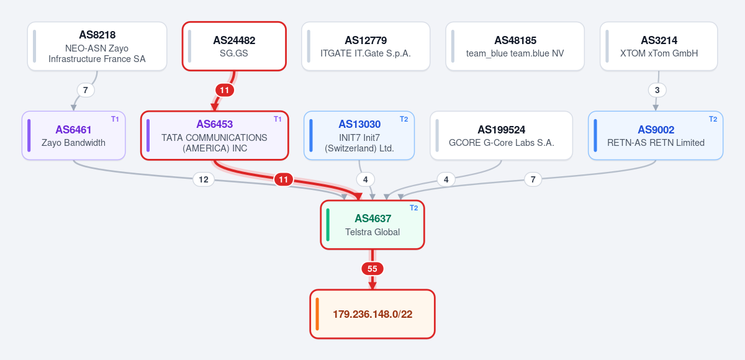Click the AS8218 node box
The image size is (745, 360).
coord(97,47)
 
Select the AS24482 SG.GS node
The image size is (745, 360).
coord(234,47)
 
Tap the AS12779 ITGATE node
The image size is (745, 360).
coord(366,47)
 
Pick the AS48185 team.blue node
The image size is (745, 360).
coord(515,47)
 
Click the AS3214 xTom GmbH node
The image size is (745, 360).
coord(659,47)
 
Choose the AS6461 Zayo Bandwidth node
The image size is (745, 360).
coord(73,136)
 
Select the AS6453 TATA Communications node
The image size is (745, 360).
coord(215,136)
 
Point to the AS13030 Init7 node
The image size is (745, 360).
coord(359,136)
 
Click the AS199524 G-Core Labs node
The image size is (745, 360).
coord(501,136)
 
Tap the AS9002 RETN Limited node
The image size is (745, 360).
coord(656,136)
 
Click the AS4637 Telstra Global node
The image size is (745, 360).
coord(372,225)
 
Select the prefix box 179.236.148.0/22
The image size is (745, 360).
coord(372,314)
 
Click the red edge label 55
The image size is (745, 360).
coord(372,269)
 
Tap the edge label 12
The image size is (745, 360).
coord(204,179)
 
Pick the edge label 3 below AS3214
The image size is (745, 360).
coord(657,90)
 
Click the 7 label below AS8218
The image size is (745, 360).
coord(86,90)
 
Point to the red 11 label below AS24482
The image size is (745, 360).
coord(225,90)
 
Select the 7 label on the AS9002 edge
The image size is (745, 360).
coord(533,179)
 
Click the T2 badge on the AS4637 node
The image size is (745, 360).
coord(413,208)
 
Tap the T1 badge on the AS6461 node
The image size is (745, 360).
coord(115,119)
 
